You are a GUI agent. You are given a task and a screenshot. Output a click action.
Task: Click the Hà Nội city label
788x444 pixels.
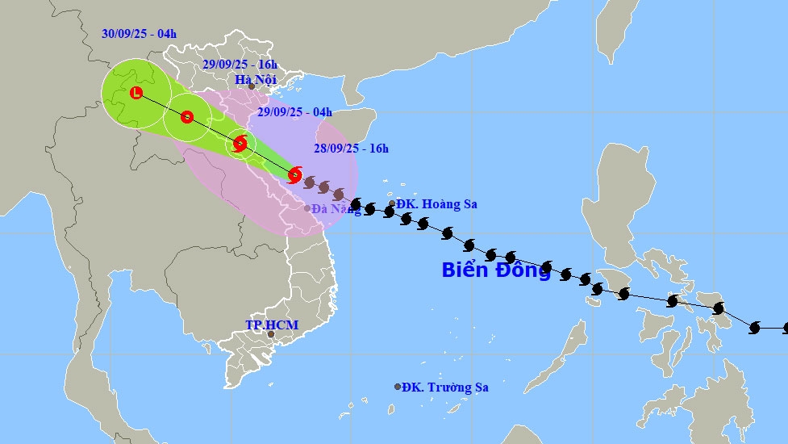point(255,79)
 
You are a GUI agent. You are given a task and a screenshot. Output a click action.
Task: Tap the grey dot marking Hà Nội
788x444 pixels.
point(252,86)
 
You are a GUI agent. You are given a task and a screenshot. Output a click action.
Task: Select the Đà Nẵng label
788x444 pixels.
point(336,209)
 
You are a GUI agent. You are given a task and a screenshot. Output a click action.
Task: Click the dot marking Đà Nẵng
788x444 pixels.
point(307,208)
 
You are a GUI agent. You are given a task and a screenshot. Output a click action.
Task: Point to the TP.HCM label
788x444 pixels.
point(272,325)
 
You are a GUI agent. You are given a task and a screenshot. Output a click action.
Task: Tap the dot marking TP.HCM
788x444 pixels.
point(271,334)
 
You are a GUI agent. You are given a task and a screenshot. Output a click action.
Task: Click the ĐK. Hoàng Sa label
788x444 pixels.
point(437,204)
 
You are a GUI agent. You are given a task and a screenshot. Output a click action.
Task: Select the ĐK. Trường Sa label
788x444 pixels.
point(446,387)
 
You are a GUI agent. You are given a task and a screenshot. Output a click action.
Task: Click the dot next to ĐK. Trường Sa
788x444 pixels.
point(398,387)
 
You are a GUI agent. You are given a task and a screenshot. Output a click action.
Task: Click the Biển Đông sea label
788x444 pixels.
point(496,270)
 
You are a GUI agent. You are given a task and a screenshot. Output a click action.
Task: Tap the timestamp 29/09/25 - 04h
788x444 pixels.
point(294,112)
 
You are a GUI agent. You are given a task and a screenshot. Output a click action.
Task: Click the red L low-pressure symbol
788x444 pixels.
point(136,93)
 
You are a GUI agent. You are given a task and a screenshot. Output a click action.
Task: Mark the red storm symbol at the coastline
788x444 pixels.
point(295,174)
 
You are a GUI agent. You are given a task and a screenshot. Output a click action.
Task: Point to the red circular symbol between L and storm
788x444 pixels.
point(187,117)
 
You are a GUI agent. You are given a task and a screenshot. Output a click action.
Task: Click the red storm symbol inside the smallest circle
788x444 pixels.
point(240,145)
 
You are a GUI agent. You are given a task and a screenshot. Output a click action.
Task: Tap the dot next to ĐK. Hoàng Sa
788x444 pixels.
point(392,204)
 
